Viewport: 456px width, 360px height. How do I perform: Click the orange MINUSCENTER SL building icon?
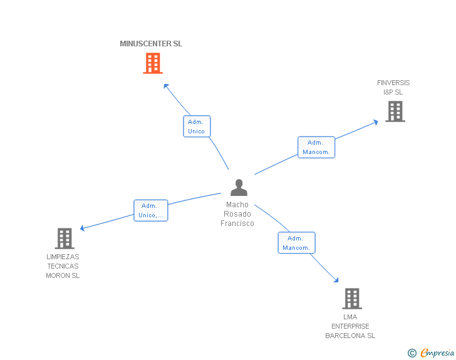pos(153,63)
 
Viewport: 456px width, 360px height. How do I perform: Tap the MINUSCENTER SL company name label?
pos(151,44)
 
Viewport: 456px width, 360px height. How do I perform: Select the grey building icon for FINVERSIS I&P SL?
pos(395,111)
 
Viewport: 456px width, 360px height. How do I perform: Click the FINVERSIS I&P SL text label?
pos(393,87)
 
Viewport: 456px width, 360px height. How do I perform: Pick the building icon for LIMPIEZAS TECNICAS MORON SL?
pos(65,239)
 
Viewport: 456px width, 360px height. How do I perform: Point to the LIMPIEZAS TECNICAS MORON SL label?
pos(63,266)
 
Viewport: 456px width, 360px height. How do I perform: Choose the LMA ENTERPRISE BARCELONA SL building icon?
pos(352,299)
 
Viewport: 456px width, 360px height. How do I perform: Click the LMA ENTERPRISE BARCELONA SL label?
pos(350,326)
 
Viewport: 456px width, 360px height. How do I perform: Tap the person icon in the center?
pos(239,187)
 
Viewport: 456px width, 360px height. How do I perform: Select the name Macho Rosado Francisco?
pos(237,214)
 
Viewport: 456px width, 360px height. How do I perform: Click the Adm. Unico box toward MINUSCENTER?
pos(197,126)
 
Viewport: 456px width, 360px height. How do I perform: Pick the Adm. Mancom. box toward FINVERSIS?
pos(316,147)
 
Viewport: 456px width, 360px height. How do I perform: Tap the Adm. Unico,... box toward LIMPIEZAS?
pos(150,210)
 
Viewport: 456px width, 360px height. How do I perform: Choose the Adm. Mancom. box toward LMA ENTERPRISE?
pos(296,243)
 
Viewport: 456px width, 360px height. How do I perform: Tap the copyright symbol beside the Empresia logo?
pos(412,354)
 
